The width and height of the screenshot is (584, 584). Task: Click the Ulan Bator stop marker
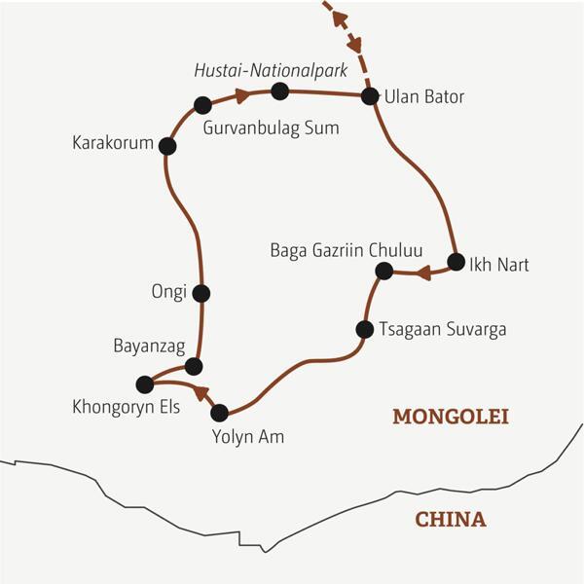370,95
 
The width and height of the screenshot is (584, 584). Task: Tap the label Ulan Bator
425,97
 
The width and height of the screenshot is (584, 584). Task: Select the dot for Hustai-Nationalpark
280,91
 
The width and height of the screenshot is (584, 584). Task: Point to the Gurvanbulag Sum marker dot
202,105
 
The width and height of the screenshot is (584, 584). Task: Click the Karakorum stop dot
167,146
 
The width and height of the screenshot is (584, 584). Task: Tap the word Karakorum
113,144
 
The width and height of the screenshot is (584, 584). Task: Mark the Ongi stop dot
201,292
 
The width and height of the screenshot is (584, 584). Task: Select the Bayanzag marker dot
194,366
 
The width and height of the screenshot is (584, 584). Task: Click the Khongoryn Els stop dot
145,383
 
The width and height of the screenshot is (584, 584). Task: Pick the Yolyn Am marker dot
219,412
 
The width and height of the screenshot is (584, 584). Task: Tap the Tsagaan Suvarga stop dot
364,329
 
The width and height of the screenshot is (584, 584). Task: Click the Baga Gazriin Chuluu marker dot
383,270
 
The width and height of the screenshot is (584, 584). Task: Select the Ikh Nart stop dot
456,261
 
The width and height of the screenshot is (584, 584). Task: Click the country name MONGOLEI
451,417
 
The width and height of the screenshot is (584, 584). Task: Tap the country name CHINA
451,519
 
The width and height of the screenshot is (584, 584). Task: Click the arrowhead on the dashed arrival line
356,44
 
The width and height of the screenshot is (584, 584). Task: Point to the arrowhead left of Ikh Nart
422,273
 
